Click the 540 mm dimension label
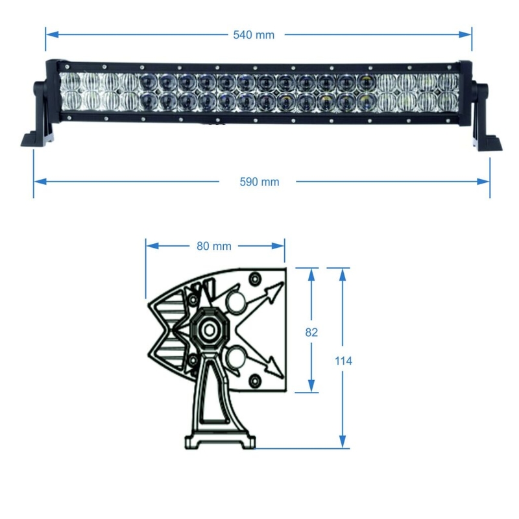click(x=253, y=34)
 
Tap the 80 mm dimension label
click(x=213, y=246)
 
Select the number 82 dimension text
click(x=311, y=332)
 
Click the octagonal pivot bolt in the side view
click(x=210, y=330)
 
